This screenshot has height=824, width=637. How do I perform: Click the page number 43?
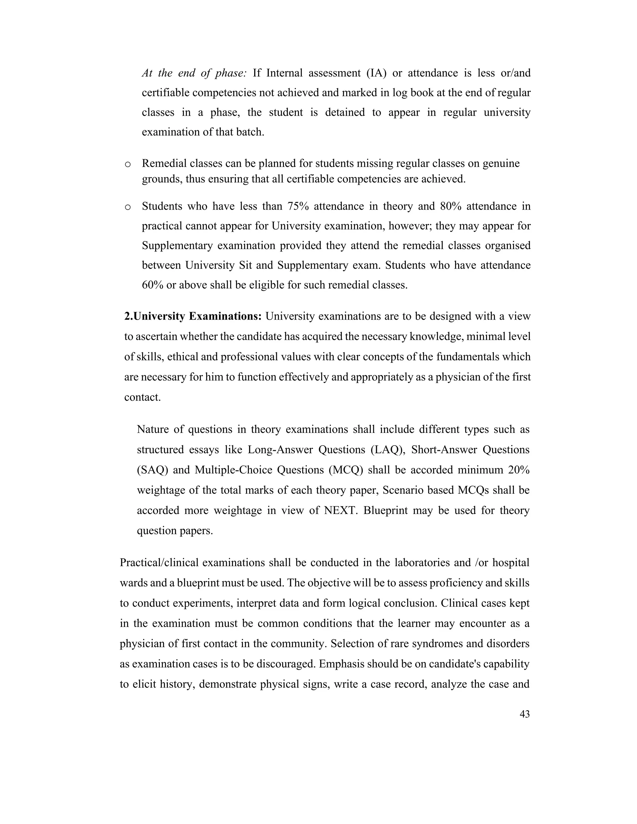coord(524,722)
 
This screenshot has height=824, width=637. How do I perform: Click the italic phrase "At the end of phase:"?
coord(194,73)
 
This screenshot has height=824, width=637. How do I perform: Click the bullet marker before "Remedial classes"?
coord(128,164)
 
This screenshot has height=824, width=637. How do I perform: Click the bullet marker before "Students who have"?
coord(128,207)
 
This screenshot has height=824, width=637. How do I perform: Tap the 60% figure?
coord(152,285)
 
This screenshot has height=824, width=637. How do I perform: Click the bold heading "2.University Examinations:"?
coord(193,316)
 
